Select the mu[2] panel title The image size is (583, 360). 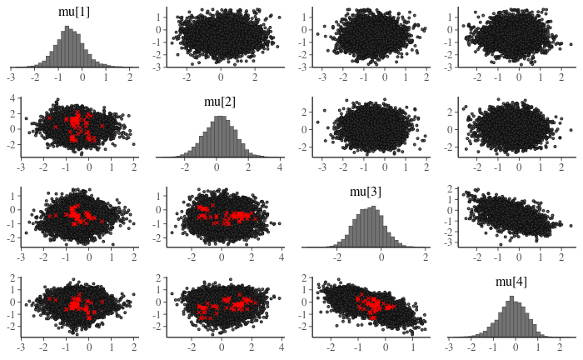pos(219,102)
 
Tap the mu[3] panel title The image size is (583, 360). pos(365,192)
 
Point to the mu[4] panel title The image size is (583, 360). pos(511,282)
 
